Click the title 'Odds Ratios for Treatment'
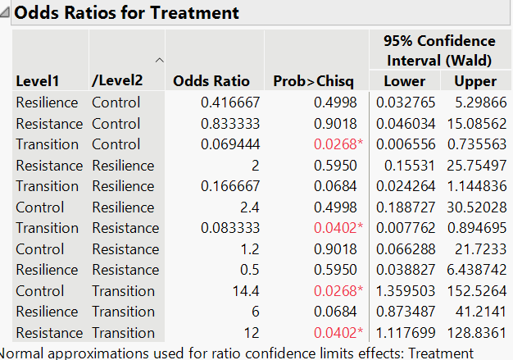127,13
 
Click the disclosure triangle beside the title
7,13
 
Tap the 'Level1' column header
35,81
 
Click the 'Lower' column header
404,81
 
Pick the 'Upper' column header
475,81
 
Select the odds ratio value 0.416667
230,103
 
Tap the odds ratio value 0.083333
230,228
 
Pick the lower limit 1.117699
402,333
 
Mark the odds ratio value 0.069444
230,144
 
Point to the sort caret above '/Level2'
159,60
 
